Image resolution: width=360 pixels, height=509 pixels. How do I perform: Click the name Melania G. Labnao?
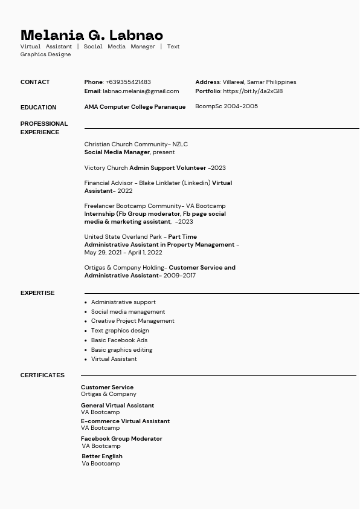pyautogui.click(x=92, y=35)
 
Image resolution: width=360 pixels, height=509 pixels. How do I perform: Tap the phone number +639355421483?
pyautogui.click(x=128, y=82)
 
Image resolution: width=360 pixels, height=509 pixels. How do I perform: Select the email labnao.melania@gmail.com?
pyautogui.click(x=141, y=91)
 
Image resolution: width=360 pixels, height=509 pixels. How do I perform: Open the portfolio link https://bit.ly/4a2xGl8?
pyautogui.click(x=252, y=91)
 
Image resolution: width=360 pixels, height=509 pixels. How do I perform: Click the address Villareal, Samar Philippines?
pyautogui.click(x=259, y=82)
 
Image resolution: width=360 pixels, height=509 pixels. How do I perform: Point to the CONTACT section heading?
pyautogui.click(x=35, y=82)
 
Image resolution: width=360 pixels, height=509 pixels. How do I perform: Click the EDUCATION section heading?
pyautogui.click(x=38, y=108)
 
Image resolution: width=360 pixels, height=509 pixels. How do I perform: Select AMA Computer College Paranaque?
pyautogui.click(x=135, y=107)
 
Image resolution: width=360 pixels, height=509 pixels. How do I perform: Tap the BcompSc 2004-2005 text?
pyautogui.click(x=227, y=106)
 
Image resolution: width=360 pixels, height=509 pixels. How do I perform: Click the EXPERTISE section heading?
pyautogui.click(x=37, y=293)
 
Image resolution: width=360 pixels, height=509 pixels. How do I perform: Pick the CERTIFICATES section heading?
pyautogui.click(x=42, y=375)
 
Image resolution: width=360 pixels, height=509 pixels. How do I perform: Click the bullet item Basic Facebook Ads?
pyautogui.click(x=119, y=340)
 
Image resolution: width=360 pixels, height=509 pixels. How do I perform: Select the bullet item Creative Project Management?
pyautogui.click(x=132, y=321)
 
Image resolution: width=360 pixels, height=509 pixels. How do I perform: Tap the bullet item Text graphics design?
pyautogui.click(x=120, y=331)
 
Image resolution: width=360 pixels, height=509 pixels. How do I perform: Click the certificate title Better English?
pyautogui.click(x=102, y=456)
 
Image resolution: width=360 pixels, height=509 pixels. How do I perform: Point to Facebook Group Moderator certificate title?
pyautogui.click(x=121, y=439)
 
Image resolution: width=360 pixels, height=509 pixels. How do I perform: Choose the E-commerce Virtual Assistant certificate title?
pyautogui.click(x=125, y=421)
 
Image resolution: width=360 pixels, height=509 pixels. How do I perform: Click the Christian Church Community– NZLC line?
pyautogui.click(x=136, y=144)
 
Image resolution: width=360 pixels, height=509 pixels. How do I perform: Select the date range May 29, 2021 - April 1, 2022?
pyautogui.click(x=123, y=253)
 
